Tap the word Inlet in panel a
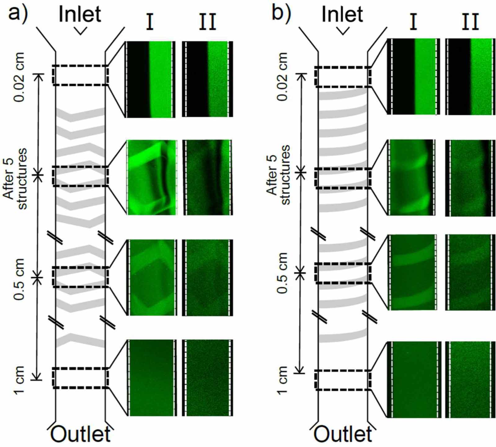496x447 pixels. (80, 14)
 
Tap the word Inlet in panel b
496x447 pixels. (342, 14)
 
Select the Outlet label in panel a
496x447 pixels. (80, 434)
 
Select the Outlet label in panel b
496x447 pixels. (343, 434)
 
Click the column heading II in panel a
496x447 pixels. (207, 22)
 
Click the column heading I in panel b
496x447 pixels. (413, 22)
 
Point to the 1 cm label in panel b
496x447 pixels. (282, 380)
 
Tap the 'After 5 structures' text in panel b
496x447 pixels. (278, 175)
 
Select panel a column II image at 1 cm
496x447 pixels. (207, 378)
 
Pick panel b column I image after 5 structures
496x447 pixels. (412, 177)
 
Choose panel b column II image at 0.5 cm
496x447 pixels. (470, 272)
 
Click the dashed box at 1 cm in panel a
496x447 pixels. (80, 378)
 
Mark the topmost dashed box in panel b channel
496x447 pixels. (343, 77)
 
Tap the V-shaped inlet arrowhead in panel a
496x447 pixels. (80, 31)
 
